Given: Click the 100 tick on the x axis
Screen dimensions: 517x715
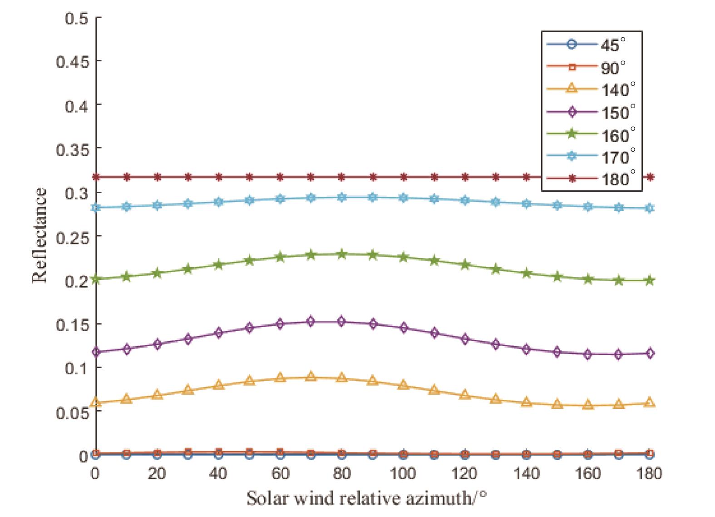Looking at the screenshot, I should coord(403,473).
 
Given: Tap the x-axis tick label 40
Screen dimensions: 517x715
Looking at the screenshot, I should coord(218,473).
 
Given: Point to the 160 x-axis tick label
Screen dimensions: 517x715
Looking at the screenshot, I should coord(588,473).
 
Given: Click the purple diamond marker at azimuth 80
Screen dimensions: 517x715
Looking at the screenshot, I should coord(341,322).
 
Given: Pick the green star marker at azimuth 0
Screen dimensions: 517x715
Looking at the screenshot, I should coord(96,279).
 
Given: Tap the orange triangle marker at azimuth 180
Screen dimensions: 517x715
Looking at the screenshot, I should coord(650,403).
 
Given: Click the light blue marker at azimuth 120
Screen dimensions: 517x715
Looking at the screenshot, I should coord(465,200).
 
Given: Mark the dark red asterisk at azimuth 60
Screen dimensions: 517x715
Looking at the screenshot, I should coord(280,177).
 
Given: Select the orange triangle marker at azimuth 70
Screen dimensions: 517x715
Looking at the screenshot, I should coord(311,376).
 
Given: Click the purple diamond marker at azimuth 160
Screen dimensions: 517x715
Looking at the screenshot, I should coord(588,355).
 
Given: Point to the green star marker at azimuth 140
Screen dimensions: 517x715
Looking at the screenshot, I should coord(527,273).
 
